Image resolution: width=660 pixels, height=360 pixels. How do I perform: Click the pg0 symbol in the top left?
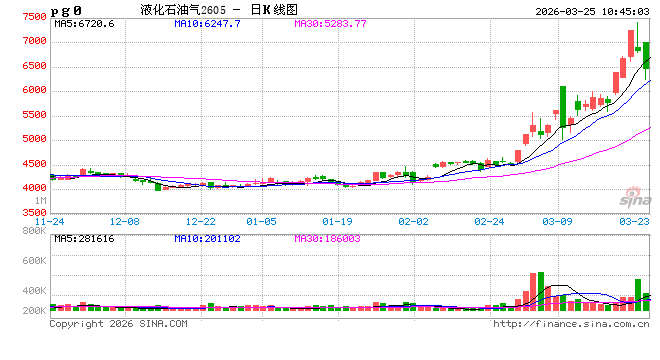point(68,10)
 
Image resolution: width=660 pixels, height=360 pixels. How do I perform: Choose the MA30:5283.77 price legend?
point(330,23)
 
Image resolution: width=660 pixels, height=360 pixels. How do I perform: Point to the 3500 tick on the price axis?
point(33,212)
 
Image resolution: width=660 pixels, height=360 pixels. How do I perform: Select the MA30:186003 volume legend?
point(329,237)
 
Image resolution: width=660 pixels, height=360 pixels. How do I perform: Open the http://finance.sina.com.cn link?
point(572,324)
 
